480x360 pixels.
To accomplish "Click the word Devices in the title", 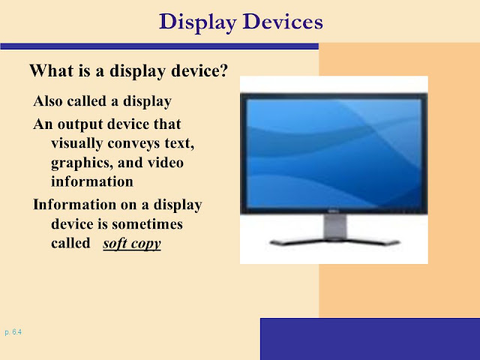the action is (283, 22).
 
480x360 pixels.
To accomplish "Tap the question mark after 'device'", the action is (223, 70).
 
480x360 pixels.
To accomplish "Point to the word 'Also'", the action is (48, 101).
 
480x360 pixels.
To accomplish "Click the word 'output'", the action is (80, 124).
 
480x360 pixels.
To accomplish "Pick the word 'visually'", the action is (76, 144).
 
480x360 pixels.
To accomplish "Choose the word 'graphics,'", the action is (82, 163).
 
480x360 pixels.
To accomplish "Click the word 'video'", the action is (166, 162).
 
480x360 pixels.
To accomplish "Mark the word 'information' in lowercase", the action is (92, 181).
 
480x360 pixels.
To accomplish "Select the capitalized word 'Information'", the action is (75, 204).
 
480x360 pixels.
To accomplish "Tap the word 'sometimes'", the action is (147, 224).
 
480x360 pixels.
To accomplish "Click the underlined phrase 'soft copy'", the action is (132, 244).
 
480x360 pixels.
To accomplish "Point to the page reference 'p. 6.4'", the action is (13, 332).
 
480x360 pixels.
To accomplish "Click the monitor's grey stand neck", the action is (335, 226).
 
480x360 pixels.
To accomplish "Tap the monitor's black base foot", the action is (334, 242).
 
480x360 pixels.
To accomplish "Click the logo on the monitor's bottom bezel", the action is (333, 211).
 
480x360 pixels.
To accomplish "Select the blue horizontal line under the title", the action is (160, 46).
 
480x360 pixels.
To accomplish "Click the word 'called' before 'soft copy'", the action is (70, 243).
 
